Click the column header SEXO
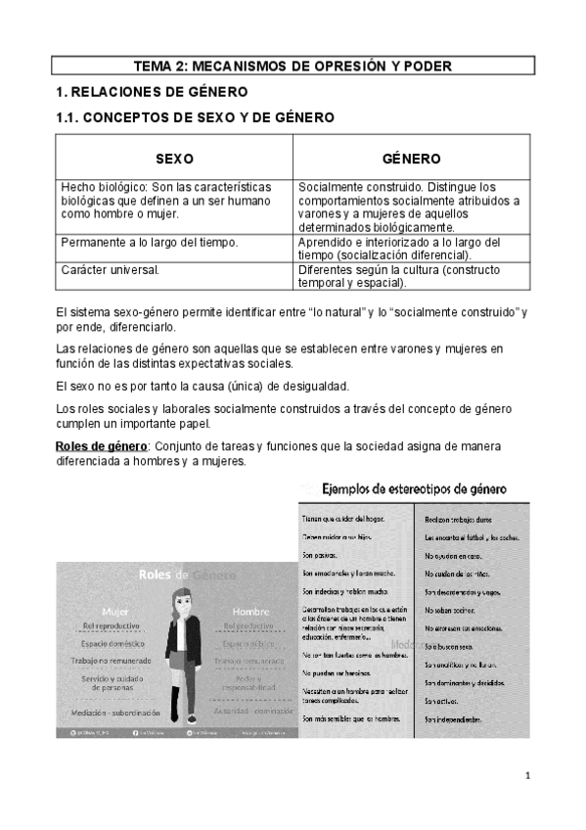click(175, 159)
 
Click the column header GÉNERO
click(411, 159)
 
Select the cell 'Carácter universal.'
click(110, 269)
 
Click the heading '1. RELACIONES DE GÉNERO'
click(151, 92)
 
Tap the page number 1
click(526, 777)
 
